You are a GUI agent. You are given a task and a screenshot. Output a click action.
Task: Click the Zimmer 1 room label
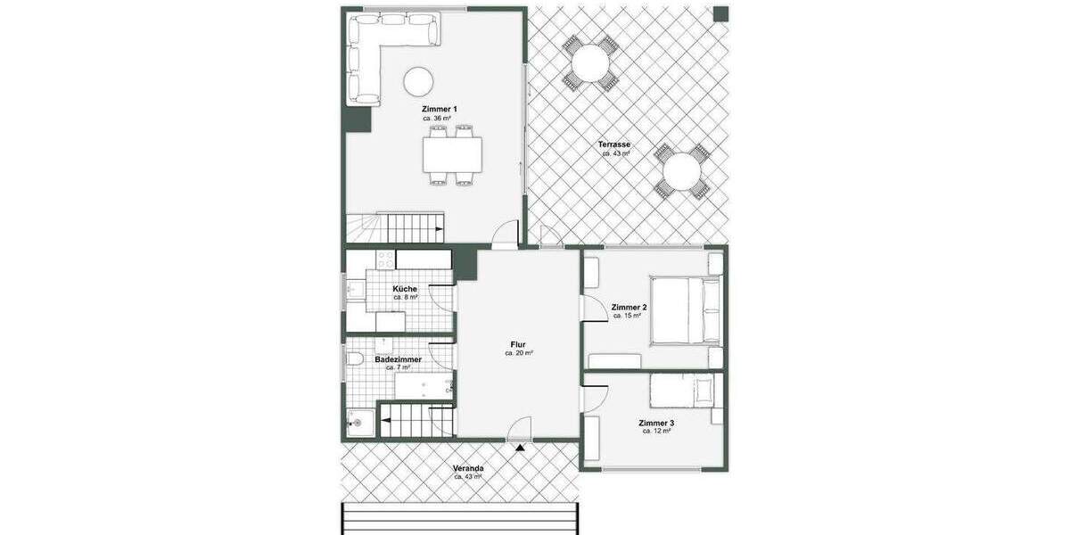click(x=439, y=109)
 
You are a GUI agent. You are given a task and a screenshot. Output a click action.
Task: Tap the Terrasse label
click(x=613, y=144)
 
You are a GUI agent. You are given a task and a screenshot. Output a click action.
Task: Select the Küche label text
click(x=405, y=289)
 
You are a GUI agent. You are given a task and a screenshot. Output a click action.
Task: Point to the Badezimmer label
click(x=398, y=359)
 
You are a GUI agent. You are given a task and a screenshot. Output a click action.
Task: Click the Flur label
click(x=518, y=344)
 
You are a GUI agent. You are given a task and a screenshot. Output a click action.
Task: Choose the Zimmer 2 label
click(x=629, y=307)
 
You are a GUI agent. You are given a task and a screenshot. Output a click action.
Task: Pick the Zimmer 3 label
click(x=656, y=423)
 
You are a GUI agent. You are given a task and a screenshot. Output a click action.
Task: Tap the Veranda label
click(x=468, y=469)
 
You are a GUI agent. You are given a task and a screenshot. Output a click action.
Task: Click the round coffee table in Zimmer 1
click(x=418, y=82)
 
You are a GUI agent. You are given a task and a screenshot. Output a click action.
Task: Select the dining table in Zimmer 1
click(x=452, y=155)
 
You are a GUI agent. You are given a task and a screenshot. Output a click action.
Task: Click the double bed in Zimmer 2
click(x=685, y=309)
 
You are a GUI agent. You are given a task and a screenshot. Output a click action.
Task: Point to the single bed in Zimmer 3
click(x=682, y=391)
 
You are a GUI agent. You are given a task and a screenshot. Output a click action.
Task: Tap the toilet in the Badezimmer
click(x=354, y=359)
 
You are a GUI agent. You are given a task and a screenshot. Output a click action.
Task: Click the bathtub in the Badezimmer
click(x=424, y=385)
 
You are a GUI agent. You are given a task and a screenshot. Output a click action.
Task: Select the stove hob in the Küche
click(x=385, y=260)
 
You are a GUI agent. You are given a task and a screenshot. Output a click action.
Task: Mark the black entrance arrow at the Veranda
click(x=519, y=448)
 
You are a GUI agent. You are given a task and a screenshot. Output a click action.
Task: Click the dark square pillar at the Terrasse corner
click(x=720, y=14)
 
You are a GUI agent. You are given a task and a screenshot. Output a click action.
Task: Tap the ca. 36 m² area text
click(x=437, y=118)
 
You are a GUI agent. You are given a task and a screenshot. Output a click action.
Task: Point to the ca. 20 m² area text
click(x=519, y=353)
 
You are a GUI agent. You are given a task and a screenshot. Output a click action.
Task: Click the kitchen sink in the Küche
click(x=356, y=290)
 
